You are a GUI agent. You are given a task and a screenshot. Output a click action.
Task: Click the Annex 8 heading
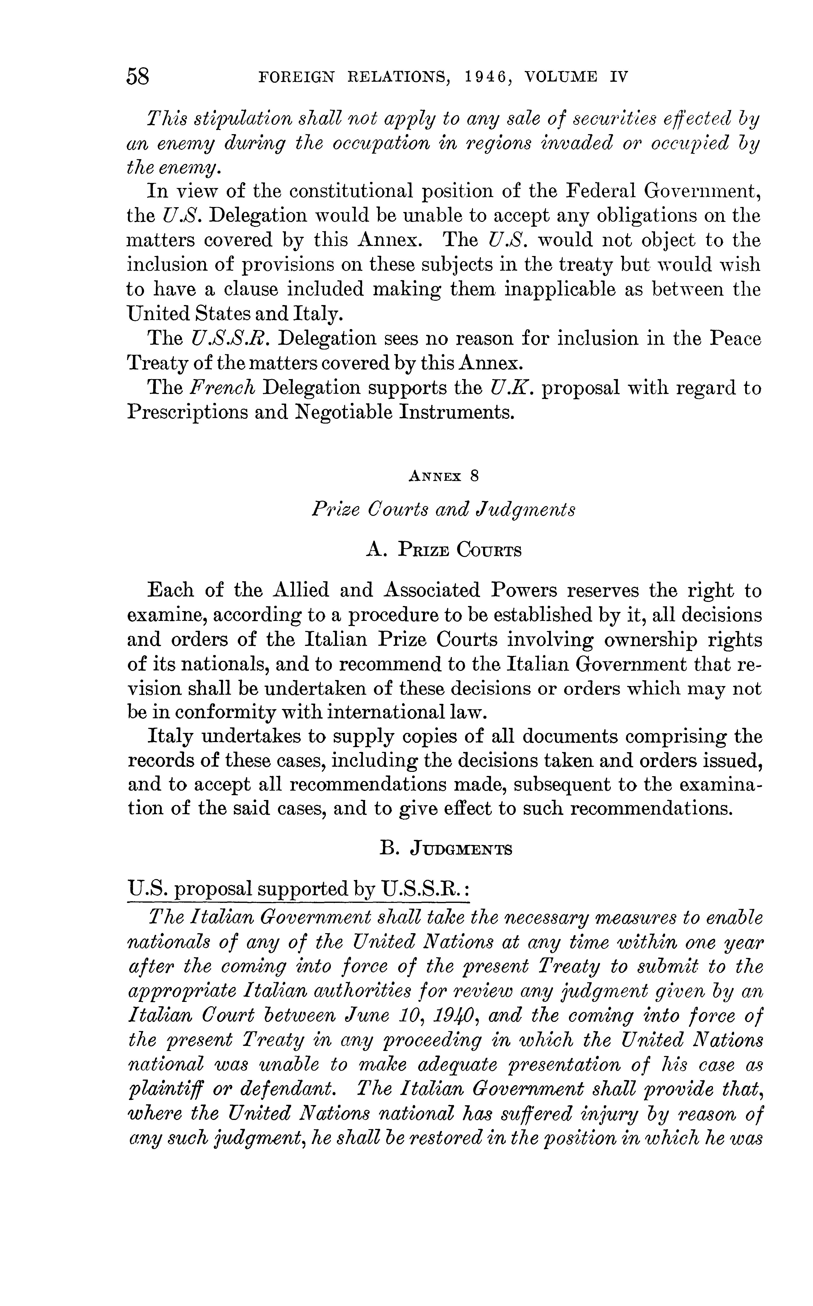point(444,476)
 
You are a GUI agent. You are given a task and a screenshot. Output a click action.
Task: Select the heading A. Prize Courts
point(444,550)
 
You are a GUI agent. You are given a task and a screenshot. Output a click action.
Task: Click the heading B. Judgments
point(446,849)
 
